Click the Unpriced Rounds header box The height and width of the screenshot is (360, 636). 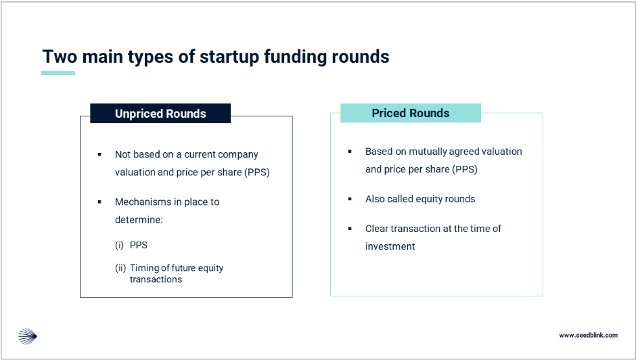point(160,113)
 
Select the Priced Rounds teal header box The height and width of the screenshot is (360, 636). point(411,113)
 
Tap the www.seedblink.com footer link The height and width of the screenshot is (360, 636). point(588,335)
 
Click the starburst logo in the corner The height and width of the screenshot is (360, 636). point(28,336)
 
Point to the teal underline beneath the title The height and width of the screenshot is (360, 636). point(58,73)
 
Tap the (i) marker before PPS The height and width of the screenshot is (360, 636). point(119,245)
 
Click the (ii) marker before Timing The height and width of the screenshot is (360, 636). point(120,268)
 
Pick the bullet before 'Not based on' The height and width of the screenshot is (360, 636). point(99,154)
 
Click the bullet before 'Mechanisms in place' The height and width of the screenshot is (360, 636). point(99,202)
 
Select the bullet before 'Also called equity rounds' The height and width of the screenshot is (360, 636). point(350,199)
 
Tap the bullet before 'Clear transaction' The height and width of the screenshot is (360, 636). point(350,229)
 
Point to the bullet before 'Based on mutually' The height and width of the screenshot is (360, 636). point(350,152)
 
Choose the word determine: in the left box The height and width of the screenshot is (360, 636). point(139,219)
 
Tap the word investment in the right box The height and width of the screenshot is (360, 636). point(390,246)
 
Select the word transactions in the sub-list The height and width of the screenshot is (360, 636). point(156,279)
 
